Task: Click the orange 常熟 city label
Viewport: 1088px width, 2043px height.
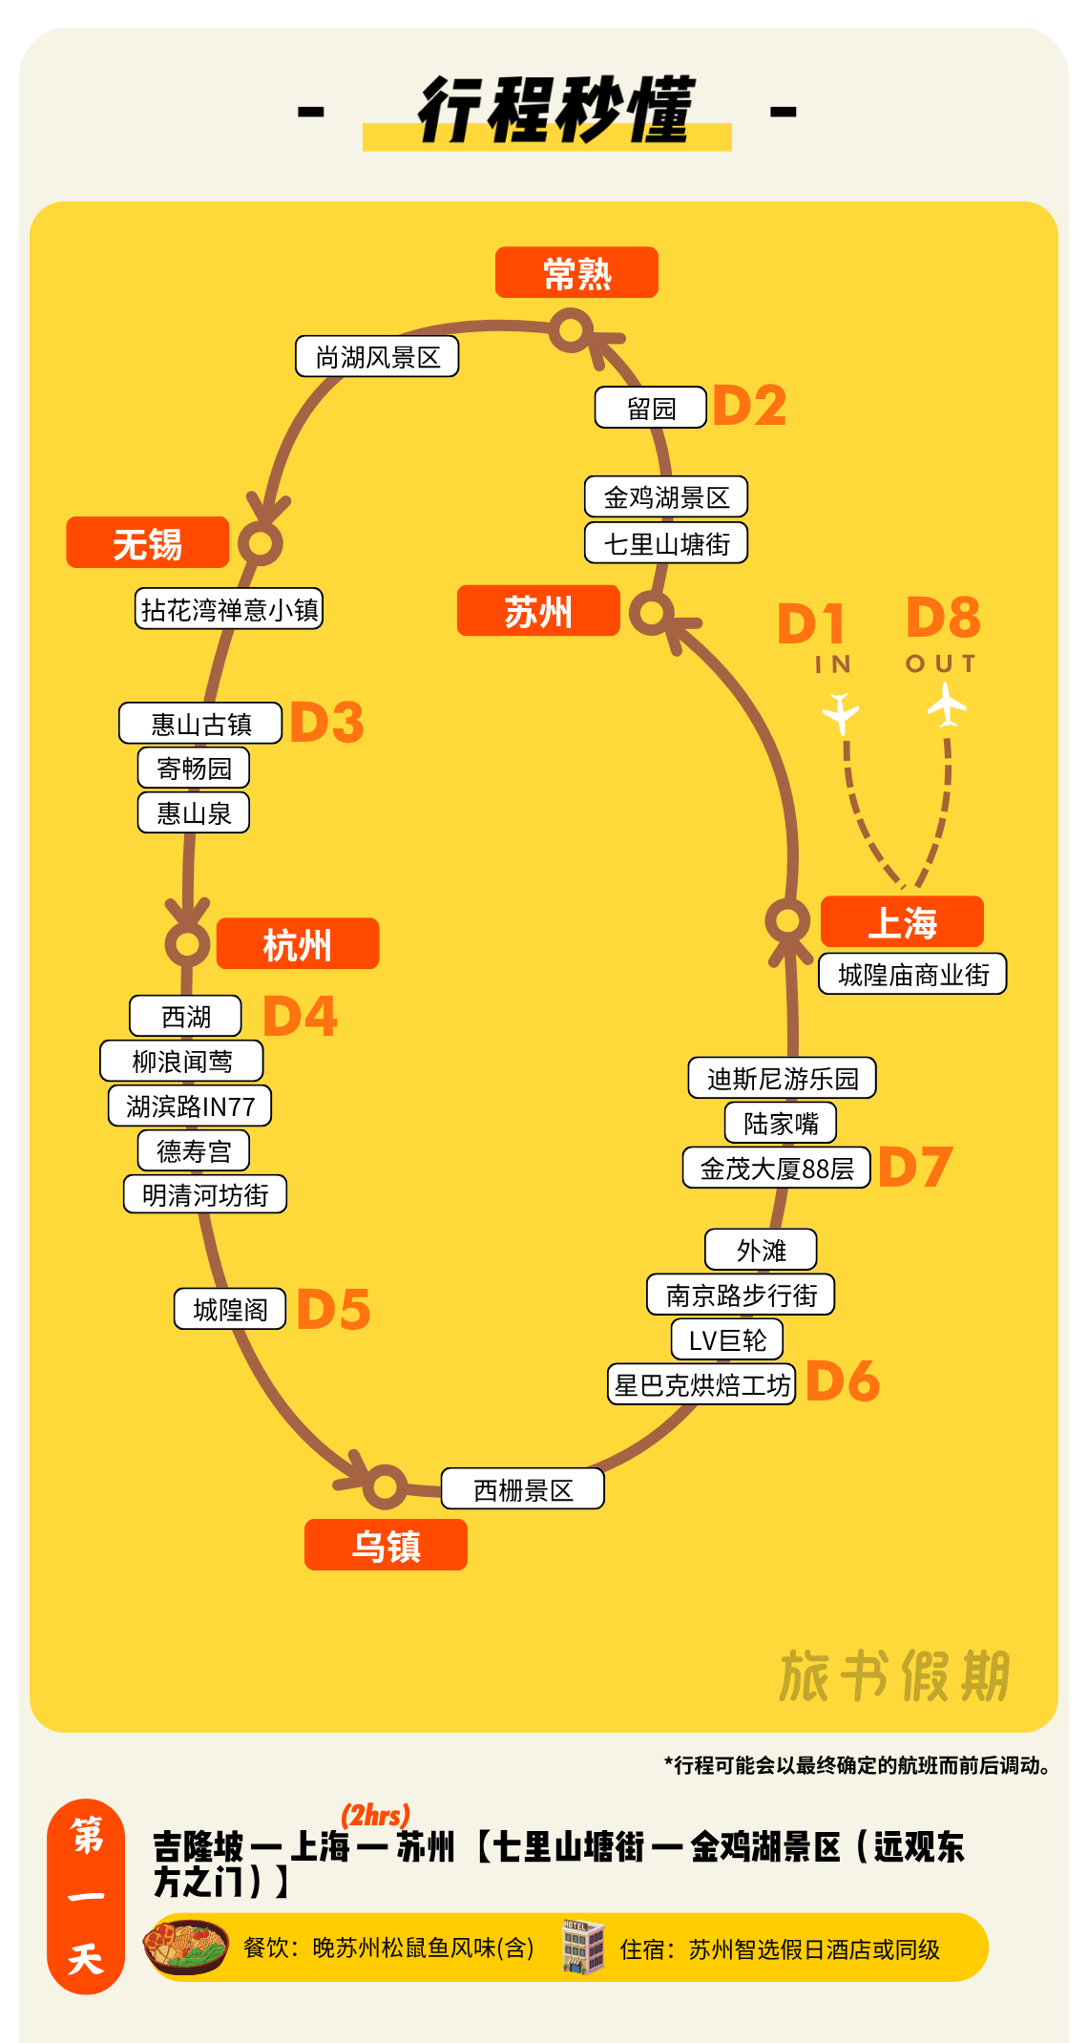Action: [x=576, y=273]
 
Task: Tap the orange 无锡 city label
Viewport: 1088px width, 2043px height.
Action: [x=147, y=543]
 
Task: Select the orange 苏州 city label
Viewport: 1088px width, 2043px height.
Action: [x=538, y=611]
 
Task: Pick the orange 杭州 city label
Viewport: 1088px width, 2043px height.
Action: [x=297, y=944]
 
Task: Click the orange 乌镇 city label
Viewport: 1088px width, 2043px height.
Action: [x=386, y=1545]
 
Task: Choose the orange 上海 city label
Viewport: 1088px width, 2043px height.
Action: [x=902, y=922]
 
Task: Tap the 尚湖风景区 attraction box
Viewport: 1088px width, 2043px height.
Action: [x=377, y=357]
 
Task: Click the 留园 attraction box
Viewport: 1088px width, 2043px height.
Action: [x=651, y=409]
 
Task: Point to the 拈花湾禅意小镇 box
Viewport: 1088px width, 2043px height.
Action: [x=229, y=609]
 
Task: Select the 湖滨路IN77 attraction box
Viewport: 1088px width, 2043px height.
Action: [x=190, y=1106]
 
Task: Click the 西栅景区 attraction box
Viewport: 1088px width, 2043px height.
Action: [x=523, y=1489]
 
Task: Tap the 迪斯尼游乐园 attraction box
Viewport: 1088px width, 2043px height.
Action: [x=783, y=1079]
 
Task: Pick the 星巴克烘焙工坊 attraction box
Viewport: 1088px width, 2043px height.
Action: [x=701, y=1384]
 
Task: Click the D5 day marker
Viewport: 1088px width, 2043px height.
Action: [x=333, y=1309]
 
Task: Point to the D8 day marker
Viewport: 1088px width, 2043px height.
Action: [x=943, y=618]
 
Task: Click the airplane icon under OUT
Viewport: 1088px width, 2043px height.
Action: [x=947, y=706]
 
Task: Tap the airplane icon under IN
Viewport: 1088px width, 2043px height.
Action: [x=841, y=712]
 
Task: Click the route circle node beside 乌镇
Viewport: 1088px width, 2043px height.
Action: [x=386, y=1485]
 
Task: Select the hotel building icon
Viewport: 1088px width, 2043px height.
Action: [x=583, y=1948]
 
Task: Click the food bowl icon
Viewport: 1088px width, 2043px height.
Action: [x=186, y=1948]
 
